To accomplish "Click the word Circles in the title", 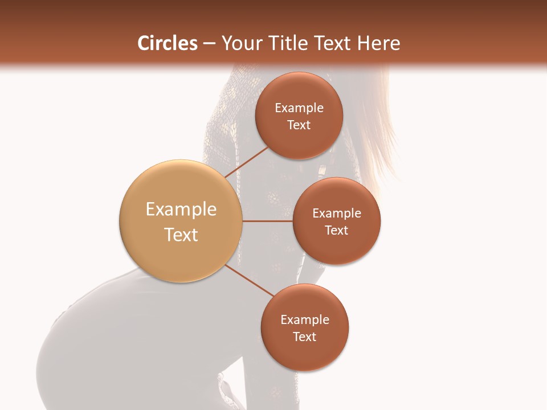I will click(x=167, y=43).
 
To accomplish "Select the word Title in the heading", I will click(x=291, y=43).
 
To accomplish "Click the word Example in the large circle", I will click(x=181, y=210).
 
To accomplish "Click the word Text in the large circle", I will click(x=181, y=235).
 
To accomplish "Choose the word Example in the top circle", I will click(x=299, y=108).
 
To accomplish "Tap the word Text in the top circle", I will click(x=299, y=125).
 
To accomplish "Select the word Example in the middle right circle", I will click(x=337, y=214).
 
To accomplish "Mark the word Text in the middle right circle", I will click(x=337, y=231).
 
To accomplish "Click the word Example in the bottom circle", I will click(x=305, y=320).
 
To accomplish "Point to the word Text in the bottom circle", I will click(x=305, y=337).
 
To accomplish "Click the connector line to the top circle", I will click(x=246, y=162).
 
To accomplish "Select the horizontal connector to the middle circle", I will click(x=267, y=221).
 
